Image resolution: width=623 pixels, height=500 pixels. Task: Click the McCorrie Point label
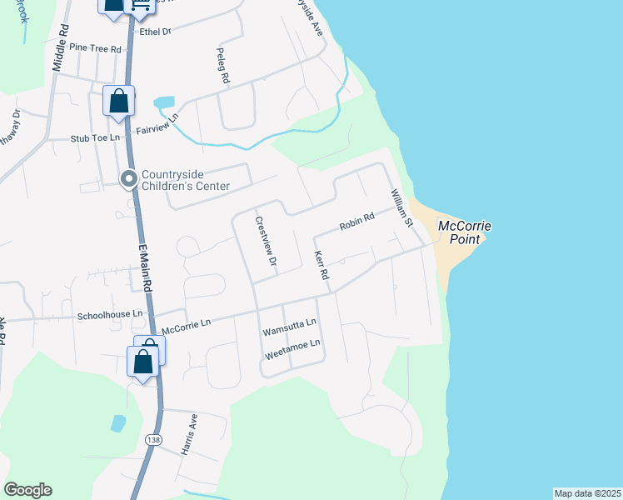click(465, 232)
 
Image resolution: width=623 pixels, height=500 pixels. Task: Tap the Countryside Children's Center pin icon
click(129, 179)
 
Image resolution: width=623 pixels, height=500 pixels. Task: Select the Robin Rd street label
click(356, 222)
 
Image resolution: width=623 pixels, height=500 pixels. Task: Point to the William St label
click(402, 208)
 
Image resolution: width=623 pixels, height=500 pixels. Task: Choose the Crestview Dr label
click(265, 242)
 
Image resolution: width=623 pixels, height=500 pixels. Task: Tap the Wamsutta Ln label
click(289, 327)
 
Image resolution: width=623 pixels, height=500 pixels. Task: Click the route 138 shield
click(152, 438)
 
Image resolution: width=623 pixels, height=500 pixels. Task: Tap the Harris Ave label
click(188, 434)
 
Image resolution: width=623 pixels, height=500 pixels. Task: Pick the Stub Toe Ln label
click(95, 137)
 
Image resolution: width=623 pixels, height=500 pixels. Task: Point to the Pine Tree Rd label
click(96, 48)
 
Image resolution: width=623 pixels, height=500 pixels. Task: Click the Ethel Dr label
click(155, 31)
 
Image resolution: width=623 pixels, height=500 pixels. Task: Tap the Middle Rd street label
click(59, 51)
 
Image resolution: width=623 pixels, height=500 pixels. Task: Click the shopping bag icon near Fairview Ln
click(118, 102)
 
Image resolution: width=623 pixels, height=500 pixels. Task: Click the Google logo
click(27, 490)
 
